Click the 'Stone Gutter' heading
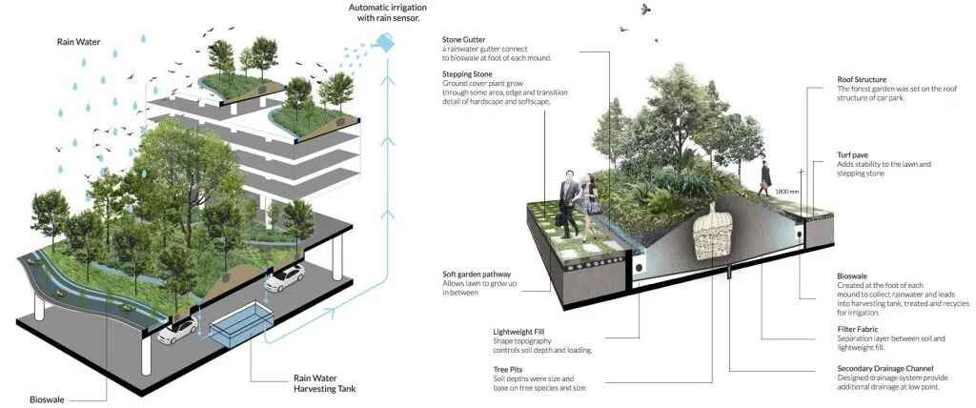tap(464, 40)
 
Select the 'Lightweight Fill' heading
tap(518, 332)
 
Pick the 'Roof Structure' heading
tap(863, 79)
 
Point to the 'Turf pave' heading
tap(855, 154)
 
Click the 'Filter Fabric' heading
tap(859, 330)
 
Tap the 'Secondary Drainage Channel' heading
tap(884, 368)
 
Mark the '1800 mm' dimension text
tap(787, 191)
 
